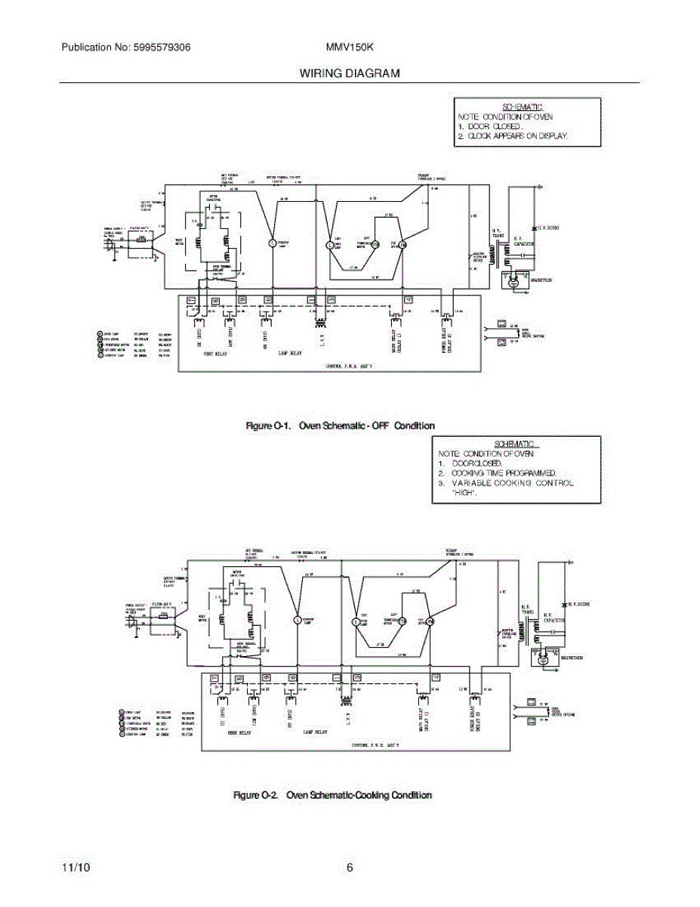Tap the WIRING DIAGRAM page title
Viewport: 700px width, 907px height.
point(350,73)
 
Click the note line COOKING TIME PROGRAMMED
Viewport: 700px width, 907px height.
point(504,472)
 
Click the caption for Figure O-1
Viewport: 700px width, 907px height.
point(341,426)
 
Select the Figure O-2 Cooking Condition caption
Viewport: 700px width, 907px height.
point(332,795)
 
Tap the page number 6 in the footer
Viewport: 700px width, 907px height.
point(350,868)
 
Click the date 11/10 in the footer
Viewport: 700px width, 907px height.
point(76,868)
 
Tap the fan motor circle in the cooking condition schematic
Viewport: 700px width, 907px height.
point(430,621)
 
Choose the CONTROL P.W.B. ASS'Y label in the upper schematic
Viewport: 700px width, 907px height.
point(349,365)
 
